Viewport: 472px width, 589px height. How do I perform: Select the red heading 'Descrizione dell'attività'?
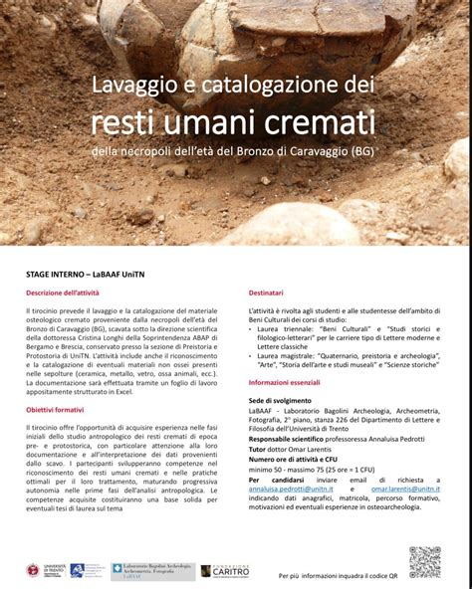63,294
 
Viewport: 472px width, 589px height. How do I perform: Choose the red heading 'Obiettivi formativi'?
55,409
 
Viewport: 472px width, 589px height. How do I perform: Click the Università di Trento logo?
40,571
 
